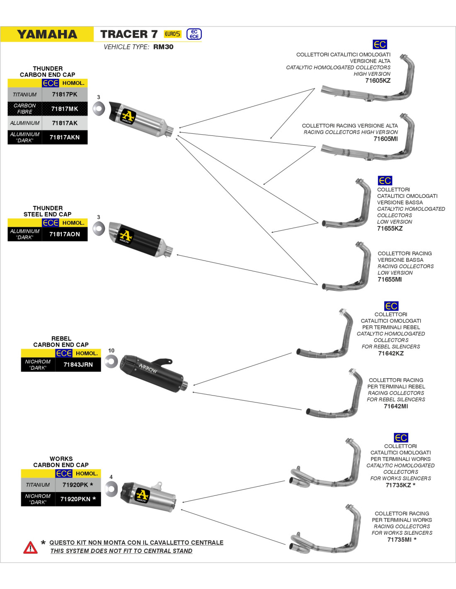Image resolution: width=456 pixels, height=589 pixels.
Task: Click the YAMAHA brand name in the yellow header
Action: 47,34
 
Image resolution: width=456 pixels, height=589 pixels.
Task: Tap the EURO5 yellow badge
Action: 172,34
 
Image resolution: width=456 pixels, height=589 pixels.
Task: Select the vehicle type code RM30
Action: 163,47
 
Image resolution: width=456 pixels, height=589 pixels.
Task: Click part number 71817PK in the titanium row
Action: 65,94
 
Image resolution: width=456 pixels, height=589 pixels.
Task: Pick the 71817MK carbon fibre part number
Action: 65,109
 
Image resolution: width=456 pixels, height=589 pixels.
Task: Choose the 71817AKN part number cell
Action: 65,137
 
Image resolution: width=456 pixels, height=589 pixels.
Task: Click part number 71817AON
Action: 65,234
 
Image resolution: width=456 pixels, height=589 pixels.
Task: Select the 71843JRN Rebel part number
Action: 78,365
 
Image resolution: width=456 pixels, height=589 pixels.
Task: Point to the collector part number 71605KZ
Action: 378,80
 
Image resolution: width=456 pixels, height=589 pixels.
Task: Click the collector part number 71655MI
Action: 390,280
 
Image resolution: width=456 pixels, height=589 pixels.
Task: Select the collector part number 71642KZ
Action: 391,353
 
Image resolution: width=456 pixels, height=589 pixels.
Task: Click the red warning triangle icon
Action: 30,548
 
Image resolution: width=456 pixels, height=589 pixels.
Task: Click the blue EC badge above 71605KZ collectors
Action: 379,44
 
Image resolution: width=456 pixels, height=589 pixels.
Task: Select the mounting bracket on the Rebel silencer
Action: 162,362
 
